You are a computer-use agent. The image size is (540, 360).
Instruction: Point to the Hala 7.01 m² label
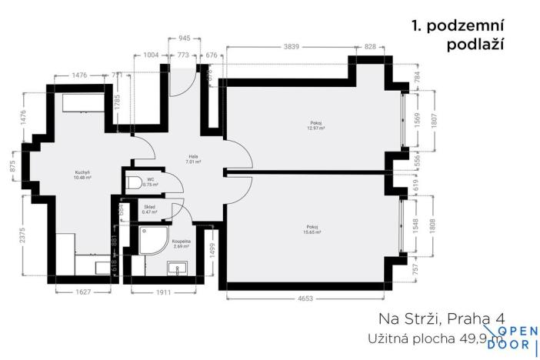click(x=192, y=159)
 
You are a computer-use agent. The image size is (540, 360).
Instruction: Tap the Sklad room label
click(x=151, y=208)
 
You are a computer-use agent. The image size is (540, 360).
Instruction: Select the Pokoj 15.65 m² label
click(x=313, y=229)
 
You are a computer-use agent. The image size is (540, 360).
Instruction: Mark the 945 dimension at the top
click(x=185, y=36)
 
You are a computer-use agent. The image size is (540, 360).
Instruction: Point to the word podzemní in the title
click(x=468, y=26)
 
